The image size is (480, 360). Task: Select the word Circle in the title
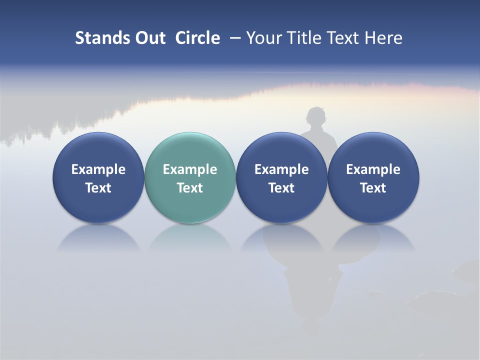pyautogui.click(x=197, y=38)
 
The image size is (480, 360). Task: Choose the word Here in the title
pyautogui.click(x=384, y=38)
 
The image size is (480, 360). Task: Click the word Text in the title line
pyautogui.click(x=343, y=38)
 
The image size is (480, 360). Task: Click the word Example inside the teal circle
pyautogui.click(x=190, y=169)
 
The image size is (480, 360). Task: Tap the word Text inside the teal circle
pyautogui.click(x=190, y=188)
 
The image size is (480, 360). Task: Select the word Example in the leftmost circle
pyautogui.click(x=98, y=169)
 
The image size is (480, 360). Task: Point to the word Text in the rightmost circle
pyautogui.click(x=373, y=188)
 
